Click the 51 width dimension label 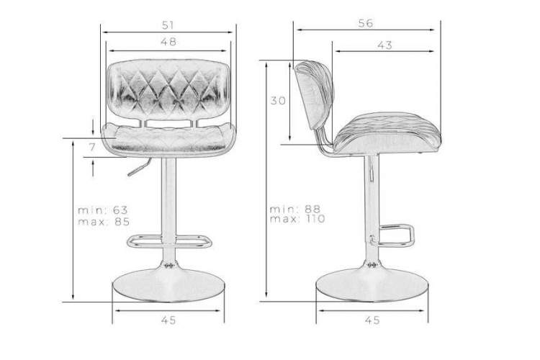168,25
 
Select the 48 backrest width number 168,42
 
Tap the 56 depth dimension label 365,24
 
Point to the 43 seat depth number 384,45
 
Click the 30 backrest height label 278,101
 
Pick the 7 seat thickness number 92,147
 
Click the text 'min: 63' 103,210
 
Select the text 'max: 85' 104,221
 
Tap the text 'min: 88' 295,209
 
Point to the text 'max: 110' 297,218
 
